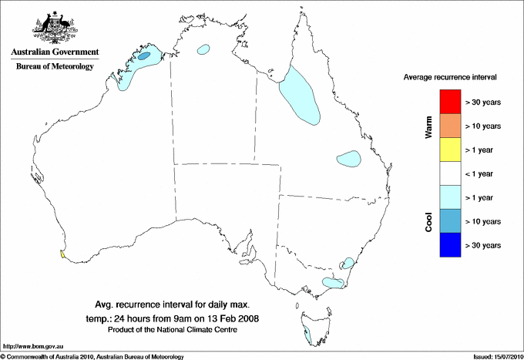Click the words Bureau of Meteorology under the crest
(55, 66)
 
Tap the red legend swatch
(449, 102)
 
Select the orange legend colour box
(449, 126)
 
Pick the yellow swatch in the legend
(449, 150)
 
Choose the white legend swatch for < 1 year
(449, 173)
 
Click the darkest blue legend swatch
(449, 245)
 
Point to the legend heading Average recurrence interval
(450, 78)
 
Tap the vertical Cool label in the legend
(429, 222)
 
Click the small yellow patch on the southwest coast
(61, 252)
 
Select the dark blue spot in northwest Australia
(144, 56)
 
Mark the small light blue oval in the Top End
(204, 49)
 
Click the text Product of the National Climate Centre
(177, 329)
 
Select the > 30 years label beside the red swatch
(483, 102)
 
